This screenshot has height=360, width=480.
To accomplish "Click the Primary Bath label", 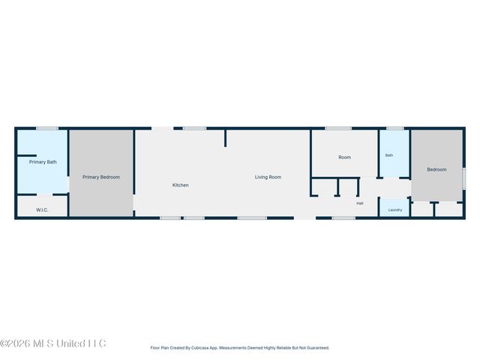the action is pos(43,162).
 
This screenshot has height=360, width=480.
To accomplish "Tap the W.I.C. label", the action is pos(42,210).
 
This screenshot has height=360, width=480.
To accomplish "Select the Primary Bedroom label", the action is pos(101,177).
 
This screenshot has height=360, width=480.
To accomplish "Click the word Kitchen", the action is pos(180,185).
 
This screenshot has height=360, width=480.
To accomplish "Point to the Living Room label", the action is pos(268,177).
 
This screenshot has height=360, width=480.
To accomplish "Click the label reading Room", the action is pos(344,157).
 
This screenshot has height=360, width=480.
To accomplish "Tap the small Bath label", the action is pos(388,155).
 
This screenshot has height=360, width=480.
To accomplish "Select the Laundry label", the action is pos(395,210).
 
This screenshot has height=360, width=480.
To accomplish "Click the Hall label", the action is pos(360,203).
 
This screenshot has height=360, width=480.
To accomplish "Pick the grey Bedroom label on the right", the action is pos(436,169).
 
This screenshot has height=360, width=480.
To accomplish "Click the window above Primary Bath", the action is pos(47,128).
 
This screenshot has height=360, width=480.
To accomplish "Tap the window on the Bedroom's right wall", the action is pos(463,178).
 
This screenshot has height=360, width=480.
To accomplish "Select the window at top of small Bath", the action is pos(395,128).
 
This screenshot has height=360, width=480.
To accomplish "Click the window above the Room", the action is pos(338,128).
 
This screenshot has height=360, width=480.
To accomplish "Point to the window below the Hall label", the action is pos(343,218).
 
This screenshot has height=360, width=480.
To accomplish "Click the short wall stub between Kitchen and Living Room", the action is pos(225,138).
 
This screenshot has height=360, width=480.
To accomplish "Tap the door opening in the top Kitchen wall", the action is pos(163,128).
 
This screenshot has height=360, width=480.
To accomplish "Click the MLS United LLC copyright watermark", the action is pos(53,343).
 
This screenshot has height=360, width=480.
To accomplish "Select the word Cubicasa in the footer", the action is pos(200,348).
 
